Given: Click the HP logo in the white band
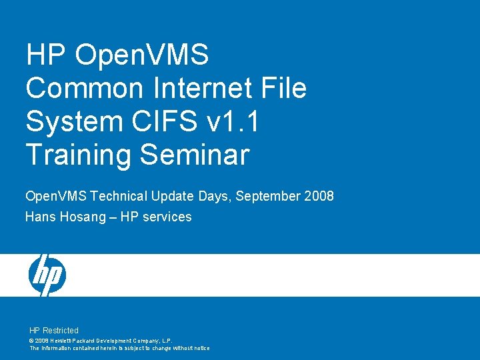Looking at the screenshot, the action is click(x=47, y=275).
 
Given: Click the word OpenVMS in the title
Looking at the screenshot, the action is click(x=142, y=55).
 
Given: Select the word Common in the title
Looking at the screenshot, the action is click(x=85, y=87).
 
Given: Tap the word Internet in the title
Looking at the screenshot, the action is click(x=203, y=87).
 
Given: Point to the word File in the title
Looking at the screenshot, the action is click(x=284, y=87).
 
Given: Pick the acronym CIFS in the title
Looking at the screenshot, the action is click(x=165, y=120).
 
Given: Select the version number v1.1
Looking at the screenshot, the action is click(x=233, y=121).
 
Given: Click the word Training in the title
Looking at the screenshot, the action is click(x=79, y=155).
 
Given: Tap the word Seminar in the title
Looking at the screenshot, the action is click(x=195, y=154).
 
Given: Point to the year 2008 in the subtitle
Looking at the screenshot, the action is click(x=319, y=196).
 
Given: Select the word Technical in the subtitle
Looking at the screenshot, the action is click(x=119, y=196).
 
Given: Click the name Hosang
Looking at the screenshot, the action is click(x=83, y=217).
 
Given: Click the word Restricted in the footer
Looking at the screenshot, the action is click(x=61, y=330).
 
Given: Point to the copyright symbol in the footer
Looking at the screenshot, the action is click(x=31, y=341).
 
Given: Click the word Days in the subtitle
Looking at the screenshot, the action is click(x=214, y=197).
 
